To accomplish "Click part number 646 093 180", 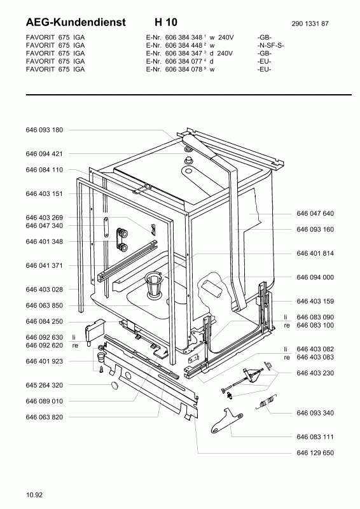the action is click(44, 130).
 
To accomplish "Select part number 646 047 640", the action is click(315, 213).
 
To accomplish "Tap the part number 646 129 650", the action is click(315, 452).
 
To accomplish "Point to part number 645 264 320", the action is click(44, 385).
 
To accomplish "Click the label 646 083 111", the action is click(315, 436).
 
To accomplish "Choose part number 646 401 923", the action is click(44, 361).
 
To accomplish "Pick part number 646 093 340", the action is click(315, 413).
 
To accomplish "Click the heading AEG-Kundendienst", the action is click(76, 22).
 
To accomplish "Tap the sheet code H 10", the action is click(166, 22).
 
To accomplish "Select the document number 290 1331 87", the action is click(310, 24).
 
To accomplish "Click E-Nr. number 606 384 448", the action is click(184, 45).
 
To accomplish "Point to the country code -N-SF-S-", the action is click(270, 45).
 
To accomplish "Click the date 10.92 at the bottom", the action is click(34, 495).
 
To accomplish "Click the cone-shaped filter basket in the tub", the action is click(153, 284).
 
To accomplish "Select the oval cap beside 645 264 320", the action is click(115, 386).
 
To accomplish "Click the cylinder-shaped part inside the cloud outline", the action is click(212, 288).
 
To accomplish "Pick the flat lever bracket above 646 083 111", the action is click(226, 421).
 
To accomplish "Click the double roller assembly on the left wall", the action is click(122, 239).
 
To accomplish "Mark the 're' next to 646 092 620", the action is click(75, 345).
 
